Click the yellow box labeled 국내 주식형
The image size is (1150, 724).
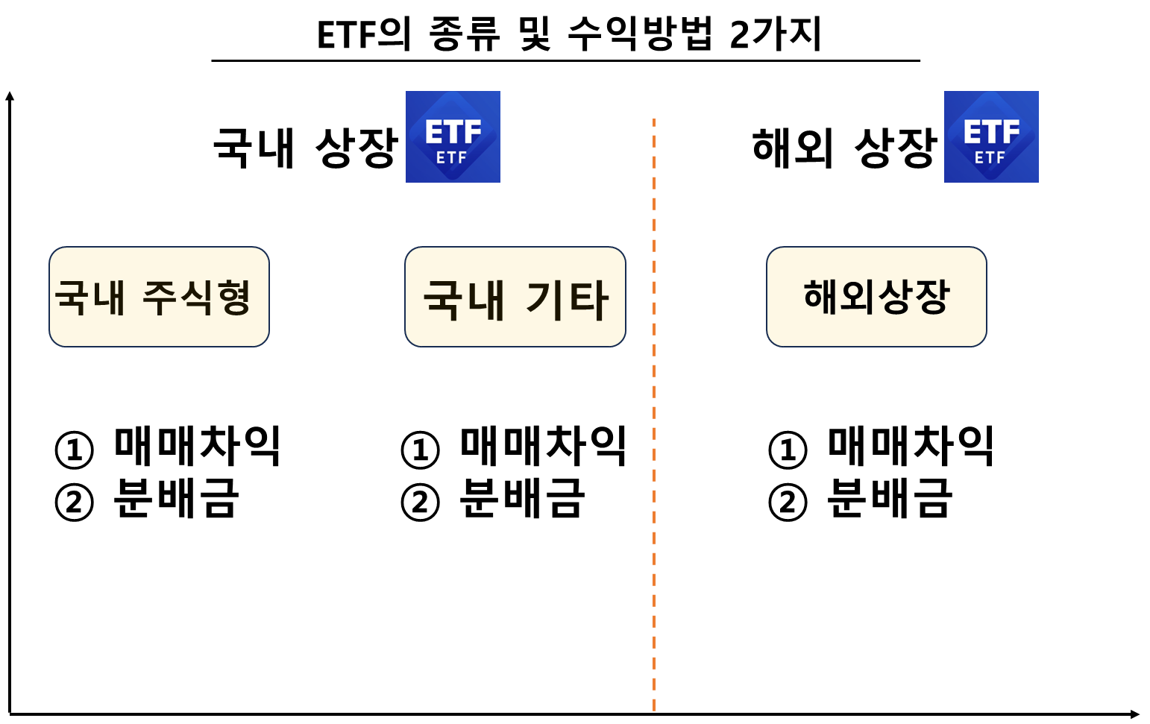(x=159, y=297)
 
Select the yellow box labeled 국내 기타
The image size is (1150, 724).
(x=515, y=297)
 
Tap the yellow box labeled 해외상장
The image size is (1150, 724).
(x=876, y=297)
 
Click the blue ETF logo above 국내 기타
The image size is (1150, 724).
(x=453, y=136)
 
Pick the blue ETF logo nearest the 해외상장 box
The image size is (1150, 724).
(x=991, y=136)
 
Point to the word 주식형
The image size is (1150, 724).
(x=196, y=298)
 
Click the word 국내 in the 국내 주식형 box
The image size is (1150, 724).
(x=89, y=298)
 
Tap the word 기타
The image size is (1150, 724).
(x=568, y=300)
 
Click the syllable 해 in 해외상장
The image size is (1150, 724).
(x=822, y=296)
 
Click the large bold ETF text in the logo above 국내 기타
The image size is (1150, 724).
(x=453, y=132)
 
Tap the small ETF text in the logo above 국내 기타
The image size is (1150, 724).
(x=452, y=157)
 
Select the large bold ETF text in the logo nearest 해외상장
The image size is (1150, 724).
(x=991, y=132)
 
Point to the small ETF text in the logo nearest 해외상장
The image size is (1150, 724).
(x=990, y=157)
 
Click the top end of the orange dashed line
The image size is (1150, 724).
(x=654, y=120)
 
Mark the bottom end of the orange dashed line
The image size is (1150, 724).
(x=654, y=708)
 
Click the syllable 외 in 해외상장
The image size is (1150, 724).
(x=858, y=296)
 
